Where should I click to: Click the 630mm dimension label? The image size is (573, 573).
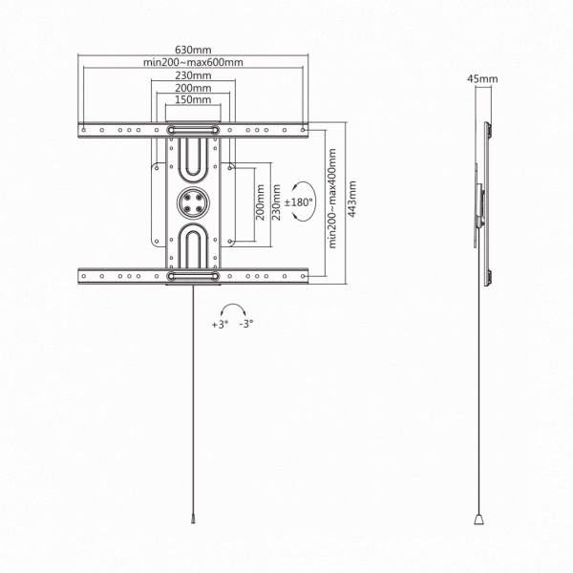[193, 50]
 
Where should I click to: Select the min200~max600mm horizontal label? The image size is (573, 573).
[193, 62]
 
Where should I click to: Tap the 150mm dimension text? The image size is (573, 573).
[193, 99]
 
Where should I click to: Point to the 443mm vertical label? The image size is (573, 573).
[352, 199]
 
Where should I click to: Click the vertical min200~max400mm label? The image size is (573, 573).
[332, 199]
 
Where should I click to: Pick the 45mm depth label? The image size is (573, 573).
[482, 78]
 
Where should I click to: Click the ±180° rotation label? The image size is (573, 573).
[299, 202]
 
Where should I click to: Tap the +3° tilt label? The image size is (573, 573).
[220, 324]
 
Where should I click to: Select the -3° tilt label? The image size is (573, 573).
[246, 324]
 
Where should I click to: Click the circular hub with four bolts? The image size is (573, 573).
[193, 202]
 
